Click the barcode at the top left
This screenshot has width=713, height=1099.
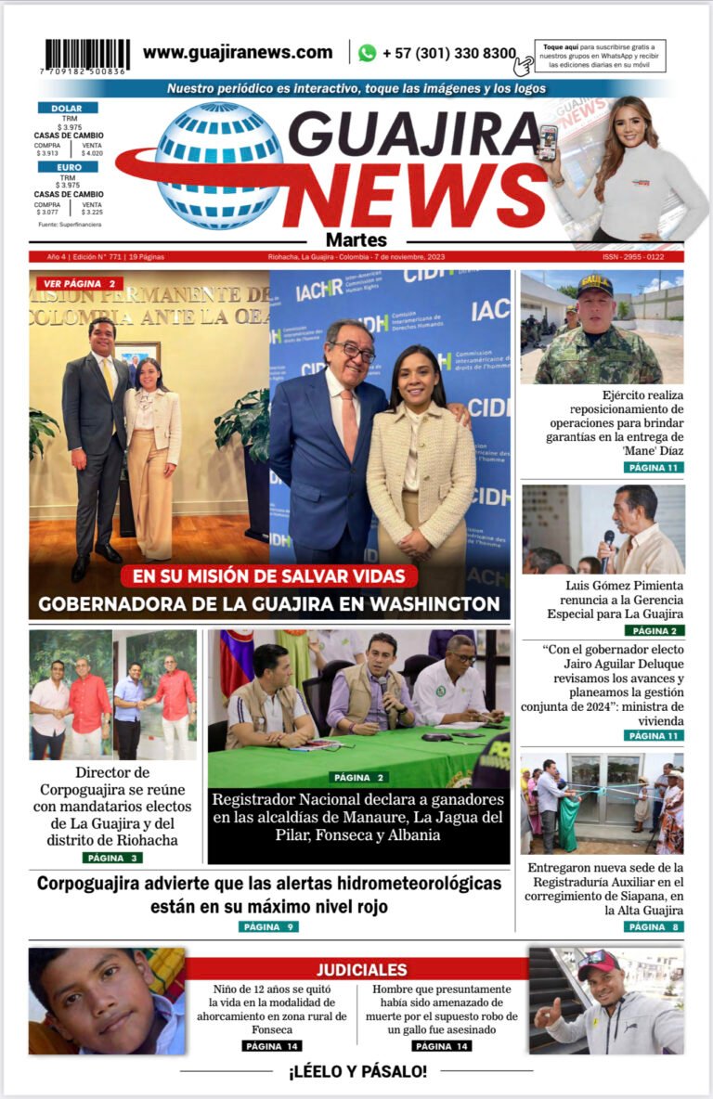pos(87,55)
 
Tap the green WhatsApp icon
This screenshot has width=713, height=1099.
pos(368,53)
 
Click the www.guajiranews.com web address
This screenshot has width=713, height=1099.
pos(238,53)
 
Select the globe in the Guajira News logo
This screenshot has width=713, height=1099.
pos(218,165)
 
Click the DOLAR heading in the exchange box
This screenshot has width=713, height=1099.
pos(67,108)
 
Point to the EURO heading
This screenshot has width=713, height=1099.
pos(67,167)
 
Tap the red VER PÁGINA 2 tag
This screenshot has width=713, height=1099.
pos(80,283)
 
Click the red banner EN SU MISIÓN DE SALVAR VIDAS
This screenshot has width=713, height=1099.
pos(269,576)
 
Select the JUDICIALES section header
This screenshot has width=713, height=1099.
pos(361,970)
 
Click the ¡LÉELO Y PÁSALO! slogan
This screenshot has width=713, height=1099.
pos(357,1071)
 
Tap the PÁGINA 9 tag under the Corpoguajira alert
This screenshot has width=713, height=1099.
pos(268,926)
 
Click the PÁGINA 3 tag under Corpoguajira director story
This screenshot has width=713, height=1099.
pos(112,858)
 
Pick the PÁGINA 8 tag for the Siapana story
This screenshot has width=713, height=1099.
pos(654,926)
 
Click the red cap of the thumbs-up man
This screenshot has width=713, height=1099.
pos(598,962)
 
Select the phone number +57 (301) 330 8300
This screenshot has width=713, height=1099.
pos(448,54)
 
